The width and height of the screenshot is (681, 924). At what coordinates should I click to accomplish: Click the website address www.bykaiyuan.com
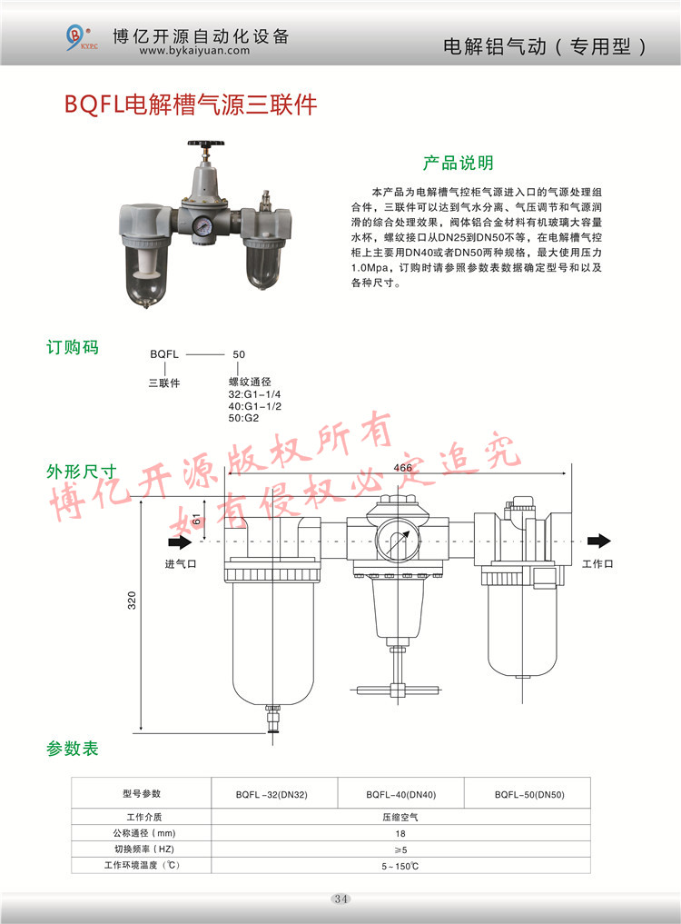point(194,51)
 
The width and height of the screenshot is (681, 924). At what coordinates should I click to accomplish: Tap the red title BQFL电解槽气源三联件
point(191,104)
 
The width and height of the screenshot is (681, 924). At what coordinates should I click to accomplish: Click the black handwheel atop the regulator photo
point(206,144)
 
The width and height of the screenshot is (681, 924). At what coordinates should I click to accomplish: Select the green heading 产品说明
point(459,163)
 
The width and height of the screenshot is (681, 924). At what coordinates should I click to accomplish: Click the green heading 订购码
point(73,347)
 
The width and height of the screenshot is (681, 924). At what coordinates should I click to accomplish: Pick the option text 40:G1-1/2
point(254,406)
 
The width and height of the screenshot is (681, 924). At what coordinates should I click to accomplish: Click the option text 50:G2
point(243,418)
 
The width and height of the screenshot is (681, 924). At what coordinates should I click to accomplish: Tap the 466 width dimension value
point(403,467)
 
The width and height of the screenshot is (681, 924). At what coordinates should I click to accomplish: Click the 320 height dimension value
point(132,600)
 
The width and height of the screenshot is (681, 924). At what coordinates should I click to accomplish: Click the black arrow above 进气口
point(181,541)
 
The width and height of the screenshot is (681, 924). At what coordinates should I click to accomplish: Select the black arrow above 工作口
point(599,541)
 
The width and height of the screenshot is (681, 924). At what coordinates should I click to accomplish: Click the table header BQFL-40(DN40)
point(401,795)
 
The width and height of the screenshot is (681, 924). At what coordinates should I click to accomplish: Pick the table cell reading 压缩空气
point(400,818)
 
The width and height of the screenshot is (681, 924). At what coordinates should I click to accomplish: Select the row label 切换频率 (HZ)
point(144,849)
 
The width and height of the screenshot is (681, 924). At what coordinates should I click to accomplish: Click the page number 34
point(341,899)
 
